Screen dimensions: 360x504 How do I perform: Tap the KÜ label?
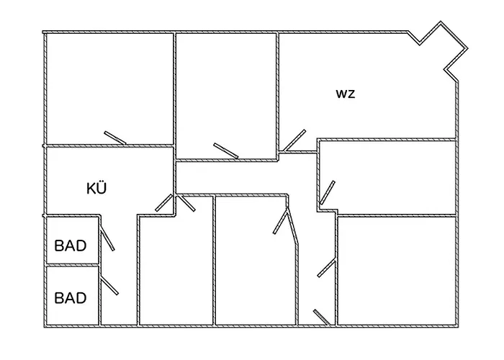(x=96, y=189)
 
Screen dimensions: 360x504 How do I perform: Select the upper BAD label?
(x=71, y=246)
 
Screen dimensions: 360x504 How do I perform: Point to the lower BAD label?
(x=71, y=297)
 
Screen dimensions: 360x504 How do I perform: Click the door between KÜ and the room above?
(x=115, y=137)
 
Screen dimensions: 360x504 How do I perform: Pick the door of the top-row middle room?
(x=226, y=150)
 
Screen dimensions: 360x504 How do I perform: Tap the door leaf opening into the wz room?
(x=294, y=140)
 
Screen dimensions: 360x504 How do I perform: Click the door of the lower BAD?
(x=109, y=286)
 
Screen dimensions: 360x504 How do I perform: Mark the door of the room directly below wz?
(x=327, y=192)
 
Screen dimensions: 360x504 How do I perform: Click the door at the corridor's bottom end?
(x=323, y=318)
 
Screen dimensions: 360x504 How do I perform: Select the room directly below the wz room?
(x=389, y=176)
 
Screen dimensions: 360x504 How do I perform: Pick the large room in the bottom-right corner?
(x=396, y=270)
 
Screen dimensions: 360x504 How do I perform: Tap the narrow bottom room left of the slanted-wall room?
(x=175, y=270)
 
